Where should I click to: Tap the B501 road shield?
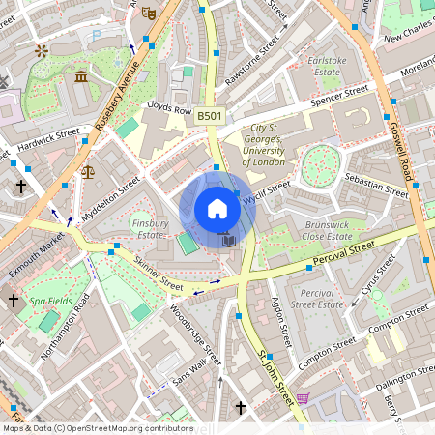pyautogui.click(x=209, y=115)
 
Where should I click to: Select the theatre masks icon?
pyautogui.click(x=148, y=14)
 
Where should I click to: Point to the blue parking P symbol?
pyautogui.click(x=95, y=36)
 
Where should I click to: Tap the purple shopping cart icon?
pyautogui.click(x=303, y=397)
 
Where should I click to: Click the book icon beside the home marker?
pyautogui.click(x=228, y=239)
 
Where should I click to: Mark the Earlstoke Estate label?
pyautogui.click(x=326, y=66)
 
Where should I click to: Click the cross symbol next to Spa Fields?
pyautogui.click(x=14, y=302)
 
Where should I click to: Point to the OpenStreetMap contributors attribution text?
pyautogui.click(x=97, y=427)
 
